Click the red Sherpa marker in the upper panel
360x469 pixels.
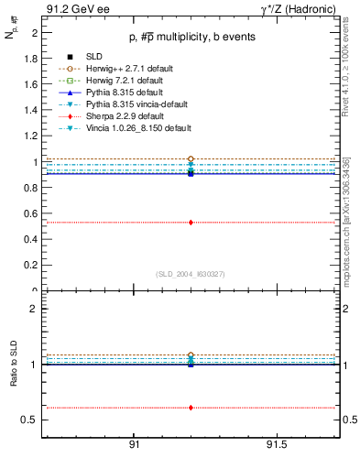(x=191, y=222)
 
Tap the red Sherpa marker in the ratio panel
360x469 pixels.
(x=191, y=408)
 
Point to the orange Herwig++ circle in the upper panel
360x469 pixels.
(x=191, y=158)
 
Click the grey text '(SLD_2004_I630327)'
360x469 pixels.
(x=190, y=274)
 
